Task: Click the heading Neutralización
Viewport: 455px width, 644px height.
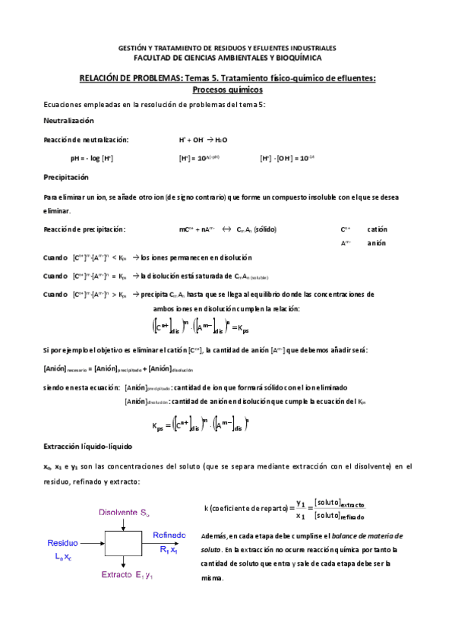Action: (68, 121)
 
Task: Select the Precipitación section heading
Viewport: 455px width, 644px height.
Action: (66, 177)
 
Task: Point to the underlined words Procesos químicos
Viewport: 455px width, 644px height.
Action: (227, 88)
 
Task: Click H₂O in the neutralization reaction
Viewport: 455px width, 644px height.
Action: (221, 140)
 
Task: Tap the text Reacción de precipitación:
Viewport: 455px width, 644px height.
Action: (84, 229)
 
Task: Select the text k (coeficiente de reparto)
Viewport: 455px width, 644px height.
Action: (248, 508)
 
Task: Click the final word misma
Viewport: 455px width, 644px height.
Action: (213, 578)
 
